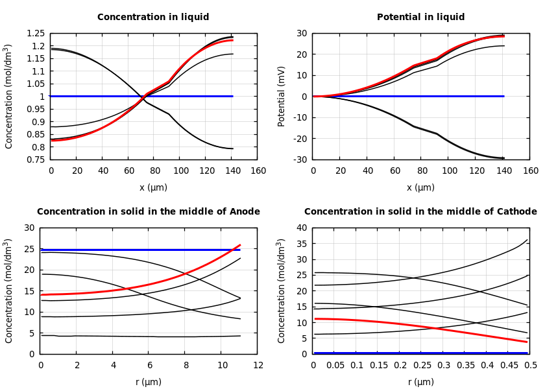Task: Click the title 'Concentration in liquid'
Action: coord(153,18)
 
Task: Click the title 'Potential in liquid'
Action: coord(420,18)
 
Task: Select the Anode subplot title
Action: coord(149,212)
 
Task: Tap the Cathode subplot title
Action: coord(420,212)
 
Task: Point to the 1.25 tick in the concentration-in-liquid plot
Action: coord(36,33)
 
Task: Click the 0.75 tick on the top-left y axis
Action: coord(36,159)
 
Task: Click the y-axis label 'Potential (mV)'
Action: coord(282,96)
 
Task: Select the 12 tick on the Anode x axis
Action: coord(258,365)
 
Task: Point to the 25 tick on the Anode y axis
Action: coord(29,249)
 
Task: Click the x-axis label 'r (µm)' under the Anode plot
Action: coord(149,382)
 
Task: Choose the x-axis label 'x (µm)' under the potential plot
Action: coord(420,187)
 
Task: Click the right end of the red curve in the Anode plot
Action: coord(239,245)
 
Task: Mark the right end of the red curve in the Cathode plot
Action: coord(526,342)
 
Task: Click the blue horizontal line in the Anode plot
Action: coord(130,250)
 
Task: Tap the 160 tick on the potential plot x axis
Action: coord(530,171)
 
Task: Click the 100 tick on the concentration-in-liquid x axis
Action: coord(180,171)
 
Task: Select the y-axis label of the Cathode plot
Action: coord(282,290)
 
